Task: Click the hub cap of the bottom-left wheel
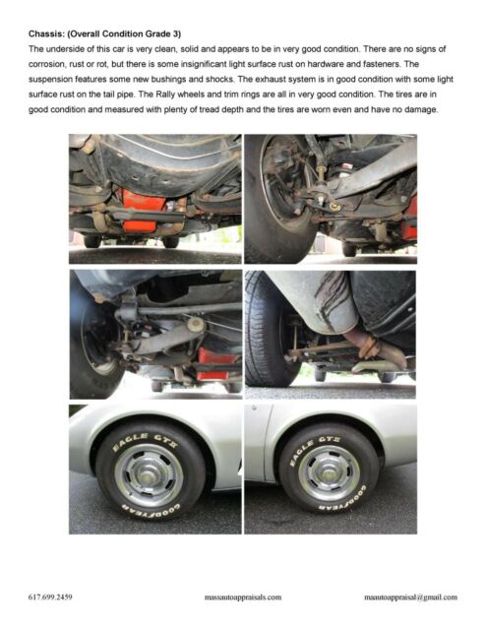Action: pyautogui.click(x=149, y=475)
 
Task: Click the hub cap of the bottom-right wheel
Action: pyautogui.click(x=329, y=472)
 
